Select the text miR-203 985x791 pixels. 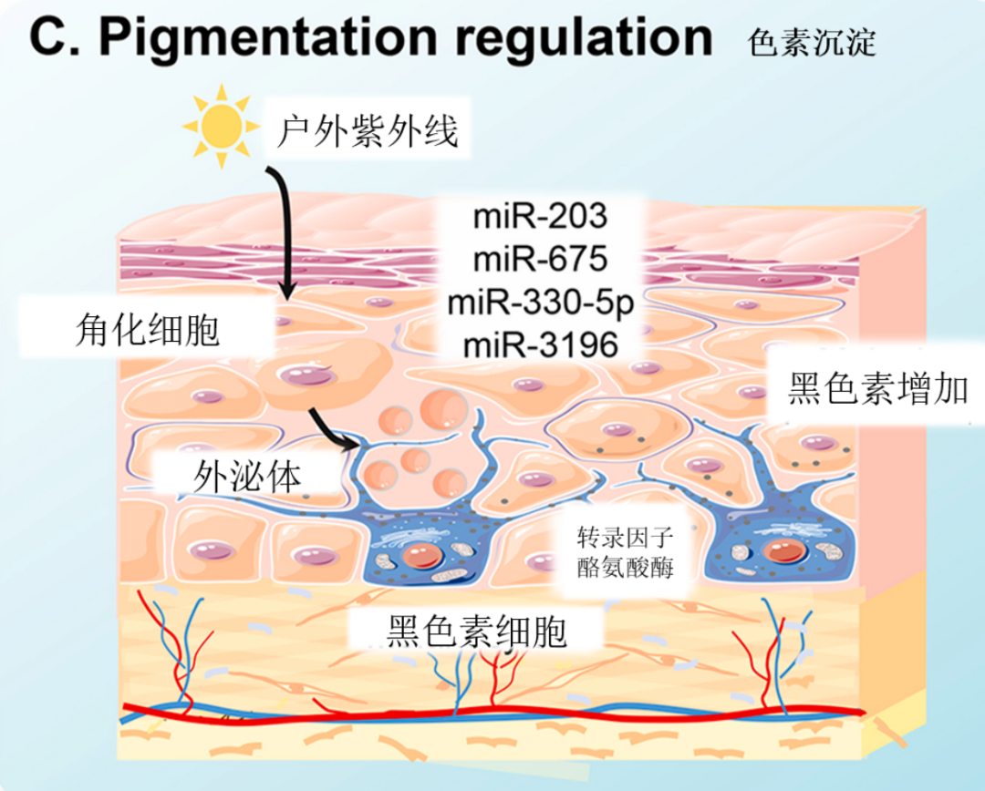(x=540, y=220)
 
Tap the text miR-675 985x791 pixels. (x=540, y=262)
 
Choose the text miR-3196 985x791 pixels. (x=540, y=344)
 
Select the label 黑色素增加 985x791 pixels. (x=877, y=391)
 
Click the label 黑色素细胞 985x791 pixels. (x=477, y=630)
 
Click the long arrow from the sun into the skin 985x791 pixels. (x=285, y=228)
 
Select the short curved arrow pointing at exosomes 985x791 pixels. (x=333, y=430)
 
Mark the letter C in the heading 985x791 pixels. (x=48, y=38)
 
